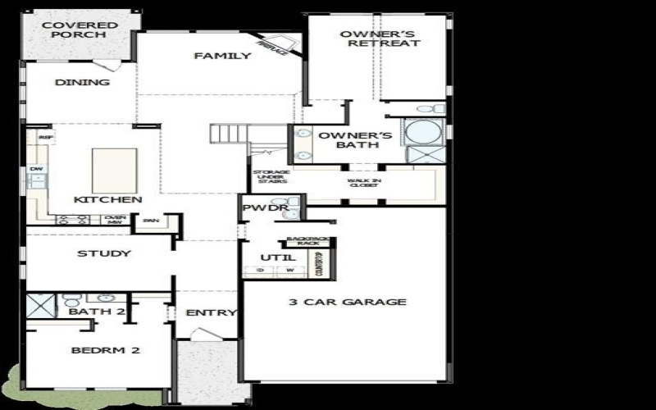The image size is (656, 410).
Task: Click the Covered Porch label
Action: click(80, 30)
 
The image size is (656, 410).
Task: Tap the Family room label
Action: click(221, 56)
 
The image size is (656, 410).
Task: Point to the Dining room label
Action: click(82, 82)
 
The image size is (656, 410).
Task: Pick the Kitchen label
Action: click(108, 199)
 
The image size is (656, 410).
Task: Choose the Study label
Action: click(104, 253)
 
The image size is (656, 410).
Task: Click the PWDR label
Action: click(264, 208)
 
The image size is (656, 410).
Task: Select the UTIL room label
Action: click(272, 257)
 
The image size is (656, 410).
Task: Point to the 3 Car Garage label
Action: click(347, 302)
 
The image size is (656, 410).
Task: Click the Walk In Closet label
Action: click(364, 182)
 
